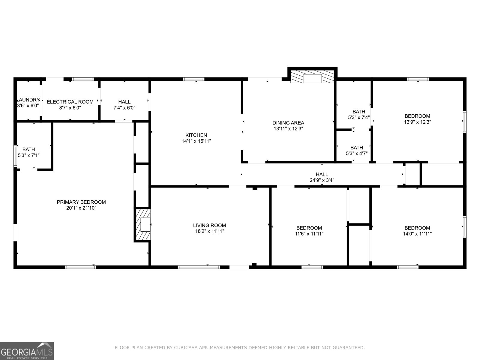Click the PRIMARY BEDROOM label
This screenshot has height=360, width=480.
(81, 202)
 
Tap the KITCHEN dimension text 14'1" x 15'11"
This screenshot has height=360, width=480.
(196, 141)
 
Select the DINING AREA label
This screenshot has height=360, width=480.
(288, 123)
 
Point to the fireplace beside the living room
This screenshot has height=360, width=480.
(143, 225)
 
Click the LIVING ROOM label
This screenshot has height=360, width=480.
(209, 225)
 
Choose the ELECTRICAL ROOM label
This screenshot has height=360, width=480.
(70, 102)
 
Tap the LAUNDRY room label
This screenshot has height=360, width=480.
(28, 100)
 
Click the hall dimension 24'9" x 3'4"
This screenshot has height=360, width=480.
(322, 180)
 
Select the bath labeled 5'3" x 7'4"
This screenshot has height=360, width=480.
(358, 115)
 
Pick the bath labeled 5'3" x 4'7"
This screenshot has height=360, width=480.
(356, 150)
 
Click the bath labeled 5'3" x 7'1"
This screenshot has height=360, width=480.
(29, 152)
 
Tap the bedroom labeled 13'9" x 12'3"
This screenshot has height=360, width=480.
(417, 119)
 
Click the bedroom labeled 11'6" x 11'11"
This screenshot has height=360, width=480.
(309, 231)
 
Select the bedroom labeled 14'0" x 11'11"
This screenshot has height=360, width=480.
(417, 231)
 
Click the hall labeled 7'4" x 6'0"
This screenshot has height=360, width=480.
(124, 105)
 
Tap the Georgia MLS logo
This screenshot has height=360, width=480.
(27, 351)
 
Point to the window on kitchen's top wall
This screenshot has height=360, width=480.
(193, 79)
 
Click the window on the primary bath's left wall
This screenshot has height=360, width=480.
(15, 156)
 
